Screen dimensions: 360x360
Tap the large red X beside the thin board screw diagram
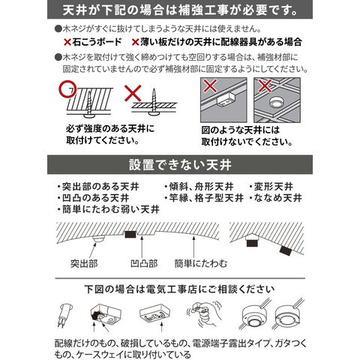point(133,93)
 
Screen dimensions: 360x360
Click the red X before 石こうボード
point(67,42)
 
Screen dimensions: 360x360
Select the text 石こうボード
point(97,42)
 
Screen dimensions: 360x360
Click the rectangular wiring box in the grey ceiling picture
point(225,100)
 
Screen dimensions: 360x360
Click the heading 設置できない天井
point(180,165)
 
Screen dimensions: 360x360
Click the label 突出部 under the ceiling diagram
point(84,263)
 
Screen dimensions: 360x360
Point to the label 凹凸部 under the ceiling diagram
point(144,263)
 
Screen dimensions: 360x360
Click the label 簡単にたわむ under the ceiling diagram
point(201,263)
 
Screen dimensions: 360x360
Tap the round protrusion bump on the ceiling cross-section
point(98,238)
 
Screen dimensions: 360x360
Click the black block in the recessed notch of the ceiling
point(130,234)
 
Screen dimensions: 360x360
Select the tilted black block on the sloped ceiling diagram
point(286,250)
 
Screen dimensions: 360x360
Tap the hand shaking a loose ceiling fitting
point(204,315)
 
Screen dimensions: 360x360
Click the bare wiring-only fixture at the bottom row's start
point(64,315)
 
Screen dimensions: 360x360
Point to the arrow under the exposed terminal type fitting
point(162,328)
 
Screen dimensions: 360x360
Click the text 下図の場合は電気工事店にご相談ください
point(179,289)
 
